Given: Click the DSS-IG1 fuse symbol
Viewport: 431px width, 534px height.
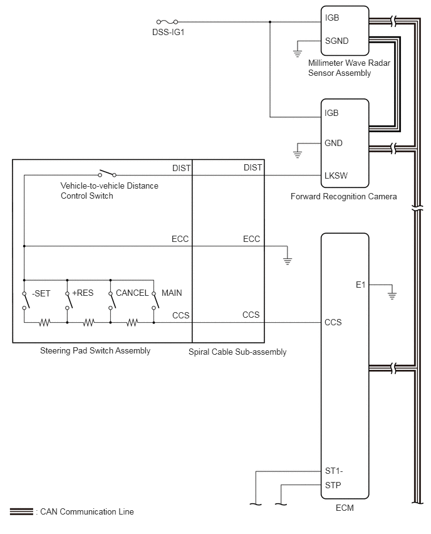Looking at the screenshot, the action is [167, 22].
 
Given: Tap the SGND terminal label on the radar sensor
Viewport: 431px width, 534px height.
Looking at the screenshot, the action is [336, 41].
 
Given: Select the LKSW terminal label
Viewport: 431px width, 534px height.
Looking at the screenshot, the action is [336, 175].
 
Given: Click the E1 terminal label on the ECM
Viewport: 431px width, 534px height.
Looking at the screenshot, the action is [361, 285].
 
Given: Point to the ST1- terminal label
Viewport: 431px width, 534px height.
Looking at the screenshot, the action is [334, 471].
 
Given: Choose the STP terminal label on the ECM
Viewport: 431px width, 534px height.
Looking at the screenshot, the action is [333, 485].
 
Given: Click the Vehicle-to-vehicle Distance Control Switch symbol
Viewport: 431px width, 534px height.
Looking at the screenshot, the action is [107, 174].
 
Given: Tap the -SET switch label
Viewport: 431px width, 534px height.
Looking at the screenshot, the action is [41, 293].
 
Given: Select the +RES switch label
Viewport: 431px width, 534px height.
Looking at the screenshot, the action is [83, 293].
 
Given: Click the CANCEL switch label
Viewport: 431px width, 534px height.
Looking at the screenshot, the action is [132, 293].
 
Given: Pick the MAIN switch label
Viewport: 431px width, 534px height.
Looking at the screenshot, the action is [172, 293].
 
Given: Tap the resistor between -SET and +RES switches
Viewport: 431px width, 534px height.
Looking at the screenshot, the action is [45, 322].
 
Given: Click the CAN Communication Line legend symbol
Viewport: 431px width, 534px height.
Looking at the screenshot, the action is [21, 511].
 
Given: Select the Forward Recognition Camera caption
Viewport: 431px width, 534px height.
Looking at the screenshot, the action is [343, 197].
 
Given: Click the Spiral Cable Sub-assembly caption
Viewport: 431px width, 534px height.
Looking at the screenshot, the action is [237, 352].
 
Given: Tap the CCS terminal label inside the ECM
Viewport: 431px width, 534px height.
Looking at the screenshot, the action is [333, 322].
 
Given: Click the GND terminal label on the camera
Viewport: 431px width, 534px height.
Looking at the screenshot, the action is [334, 143].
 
